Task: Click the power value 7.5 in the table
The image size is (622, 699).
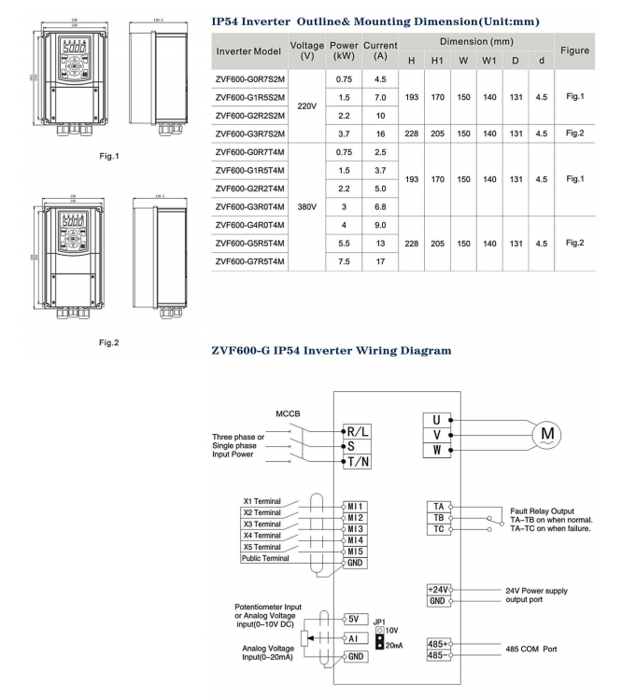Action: (343, 261)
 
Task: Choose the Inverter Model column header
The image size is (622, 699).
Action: (247, 50)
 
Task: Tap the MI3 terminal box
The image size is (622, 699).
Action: (355, 528)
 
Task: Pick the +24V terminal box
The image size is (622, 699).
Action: (437, 590)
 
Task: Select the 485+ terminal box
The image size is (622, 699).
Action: (437, 644)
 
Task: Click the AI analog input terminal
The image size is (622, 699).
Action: (356, 638)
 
